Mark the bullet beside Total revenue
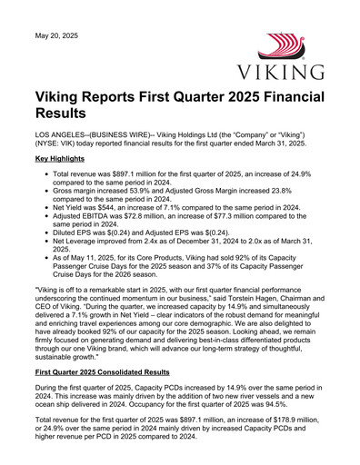(x=46, y=173)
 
